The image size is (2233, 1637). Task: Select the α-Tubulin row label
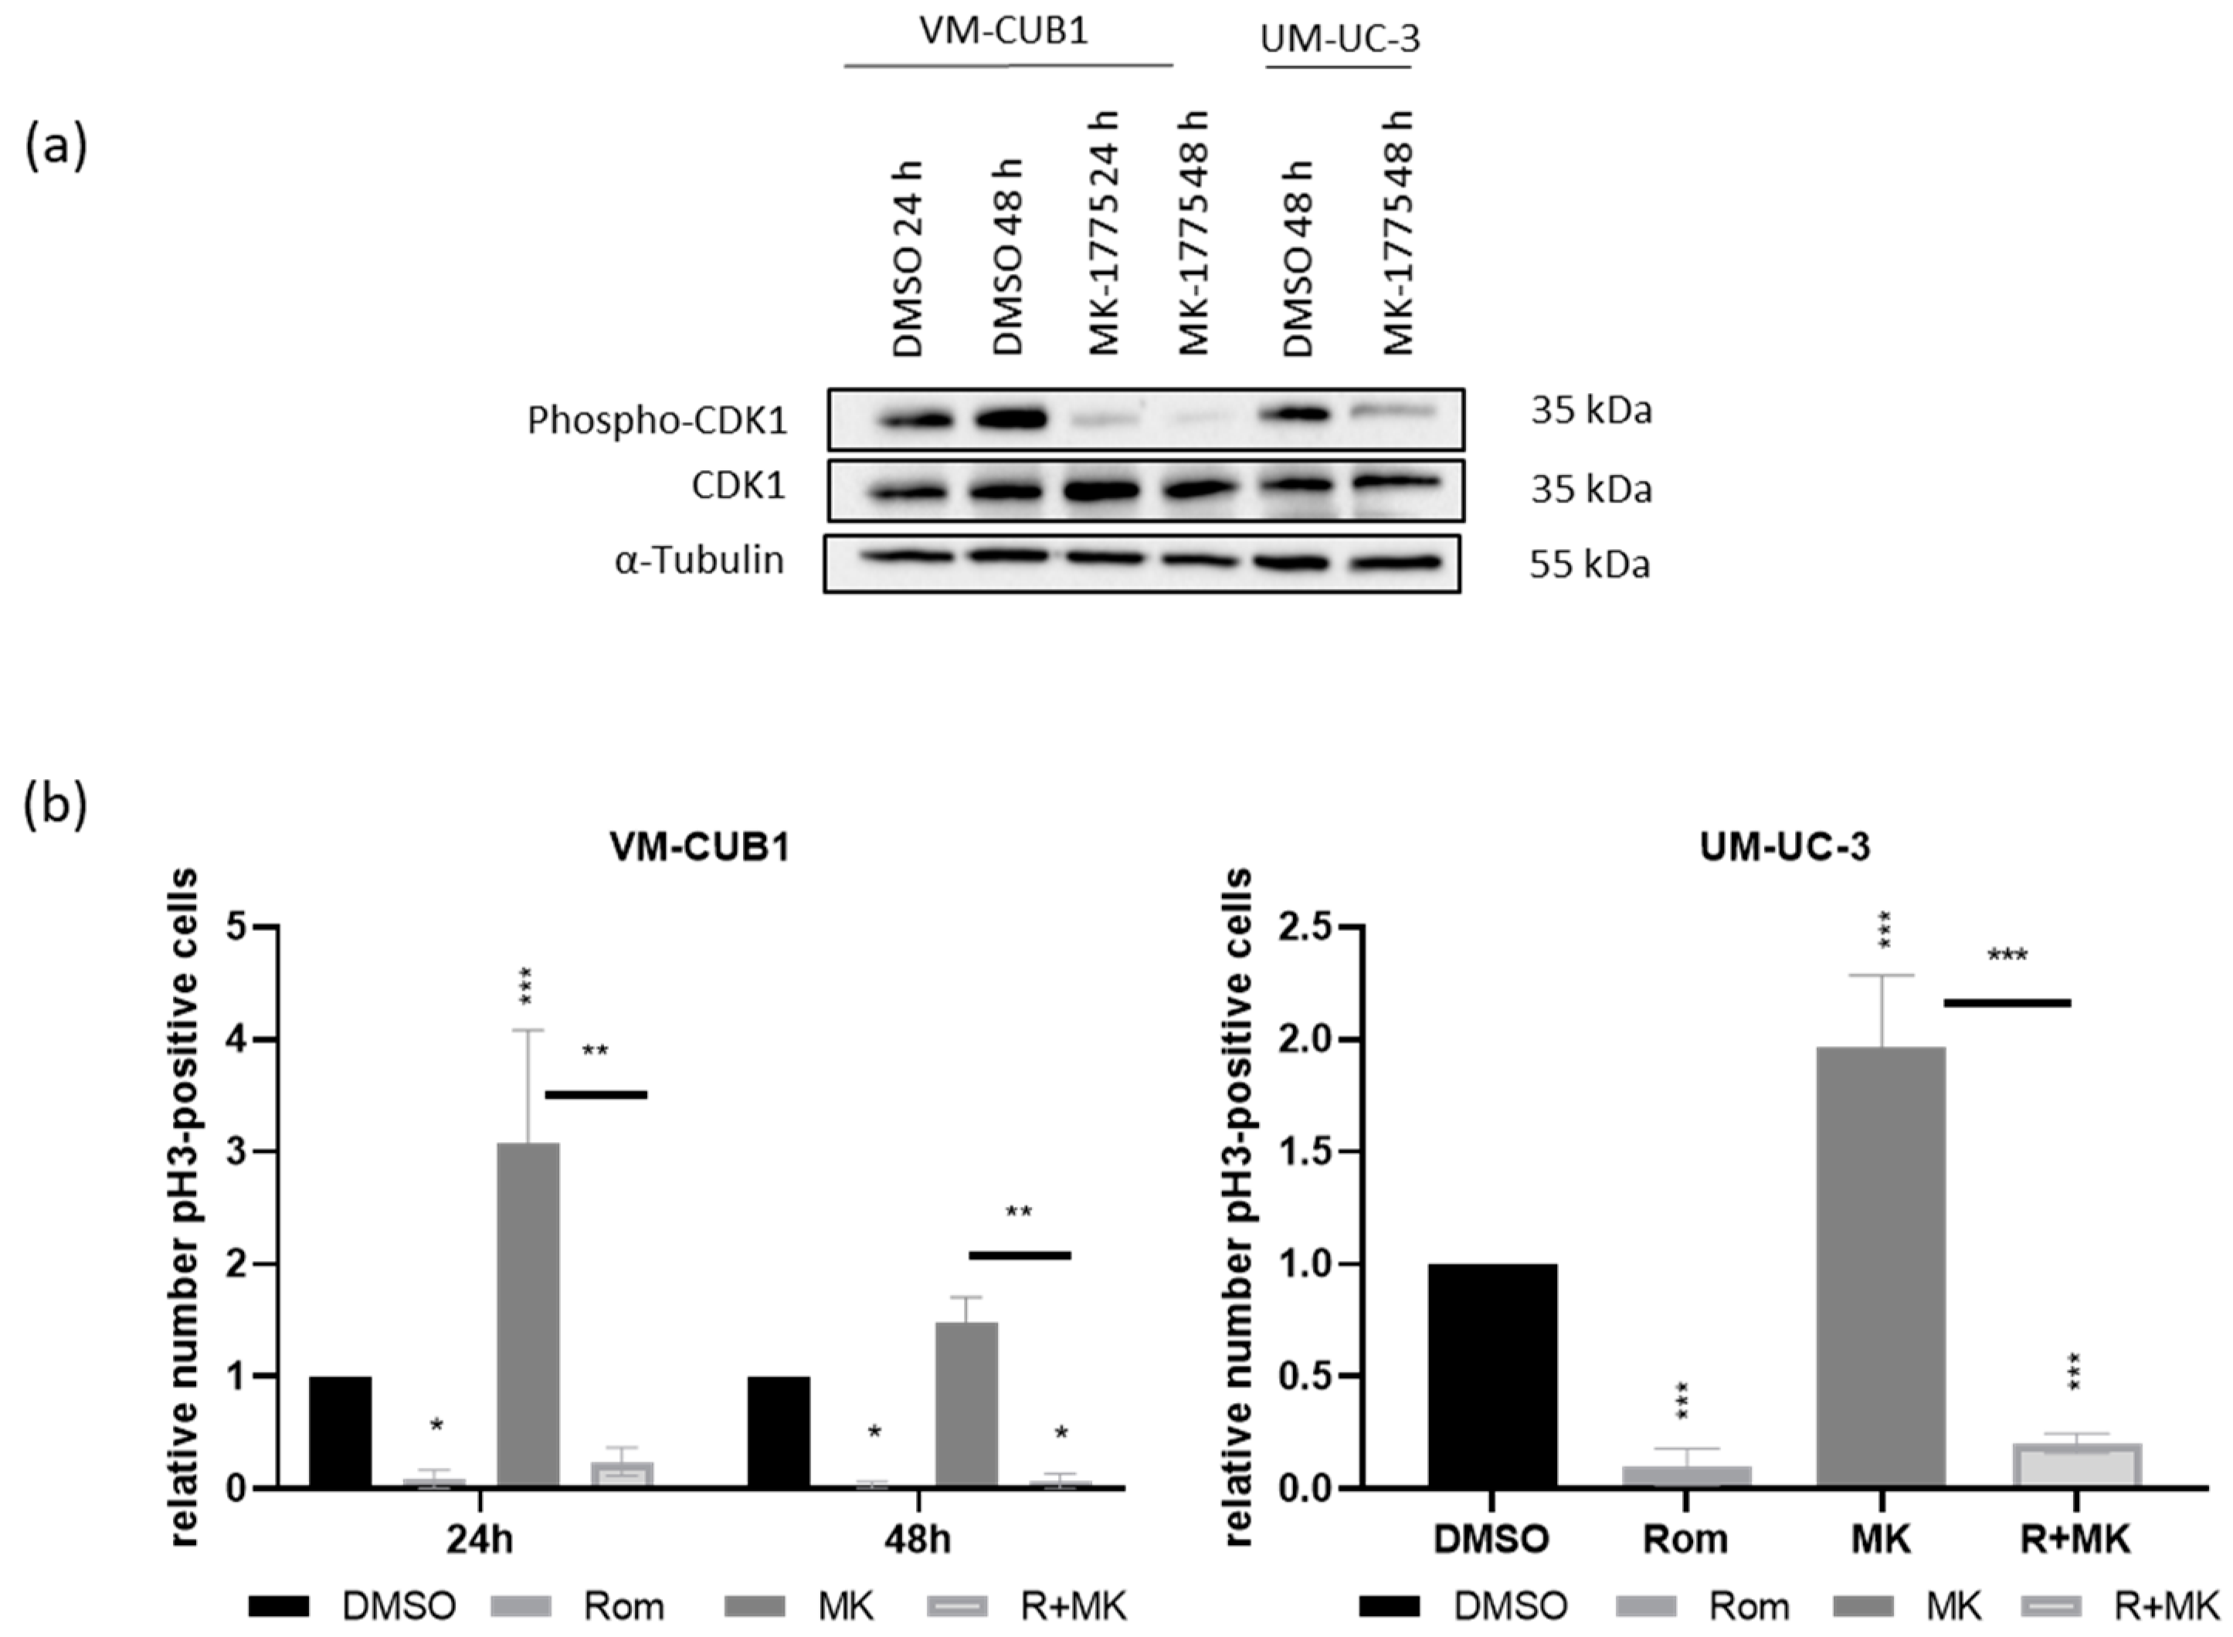699,561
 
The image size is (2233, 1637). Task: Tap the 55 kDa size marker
1589,564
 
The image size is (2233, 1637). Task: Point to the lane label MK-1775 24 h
1104,234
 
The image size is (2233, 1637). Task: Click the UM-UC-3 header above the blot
1339,39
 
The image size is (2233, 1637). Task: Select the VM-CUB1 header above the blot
1003,31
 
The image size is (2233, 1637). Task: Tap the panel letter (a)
56,146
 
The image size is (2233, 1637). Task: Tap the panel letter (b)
56,804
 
